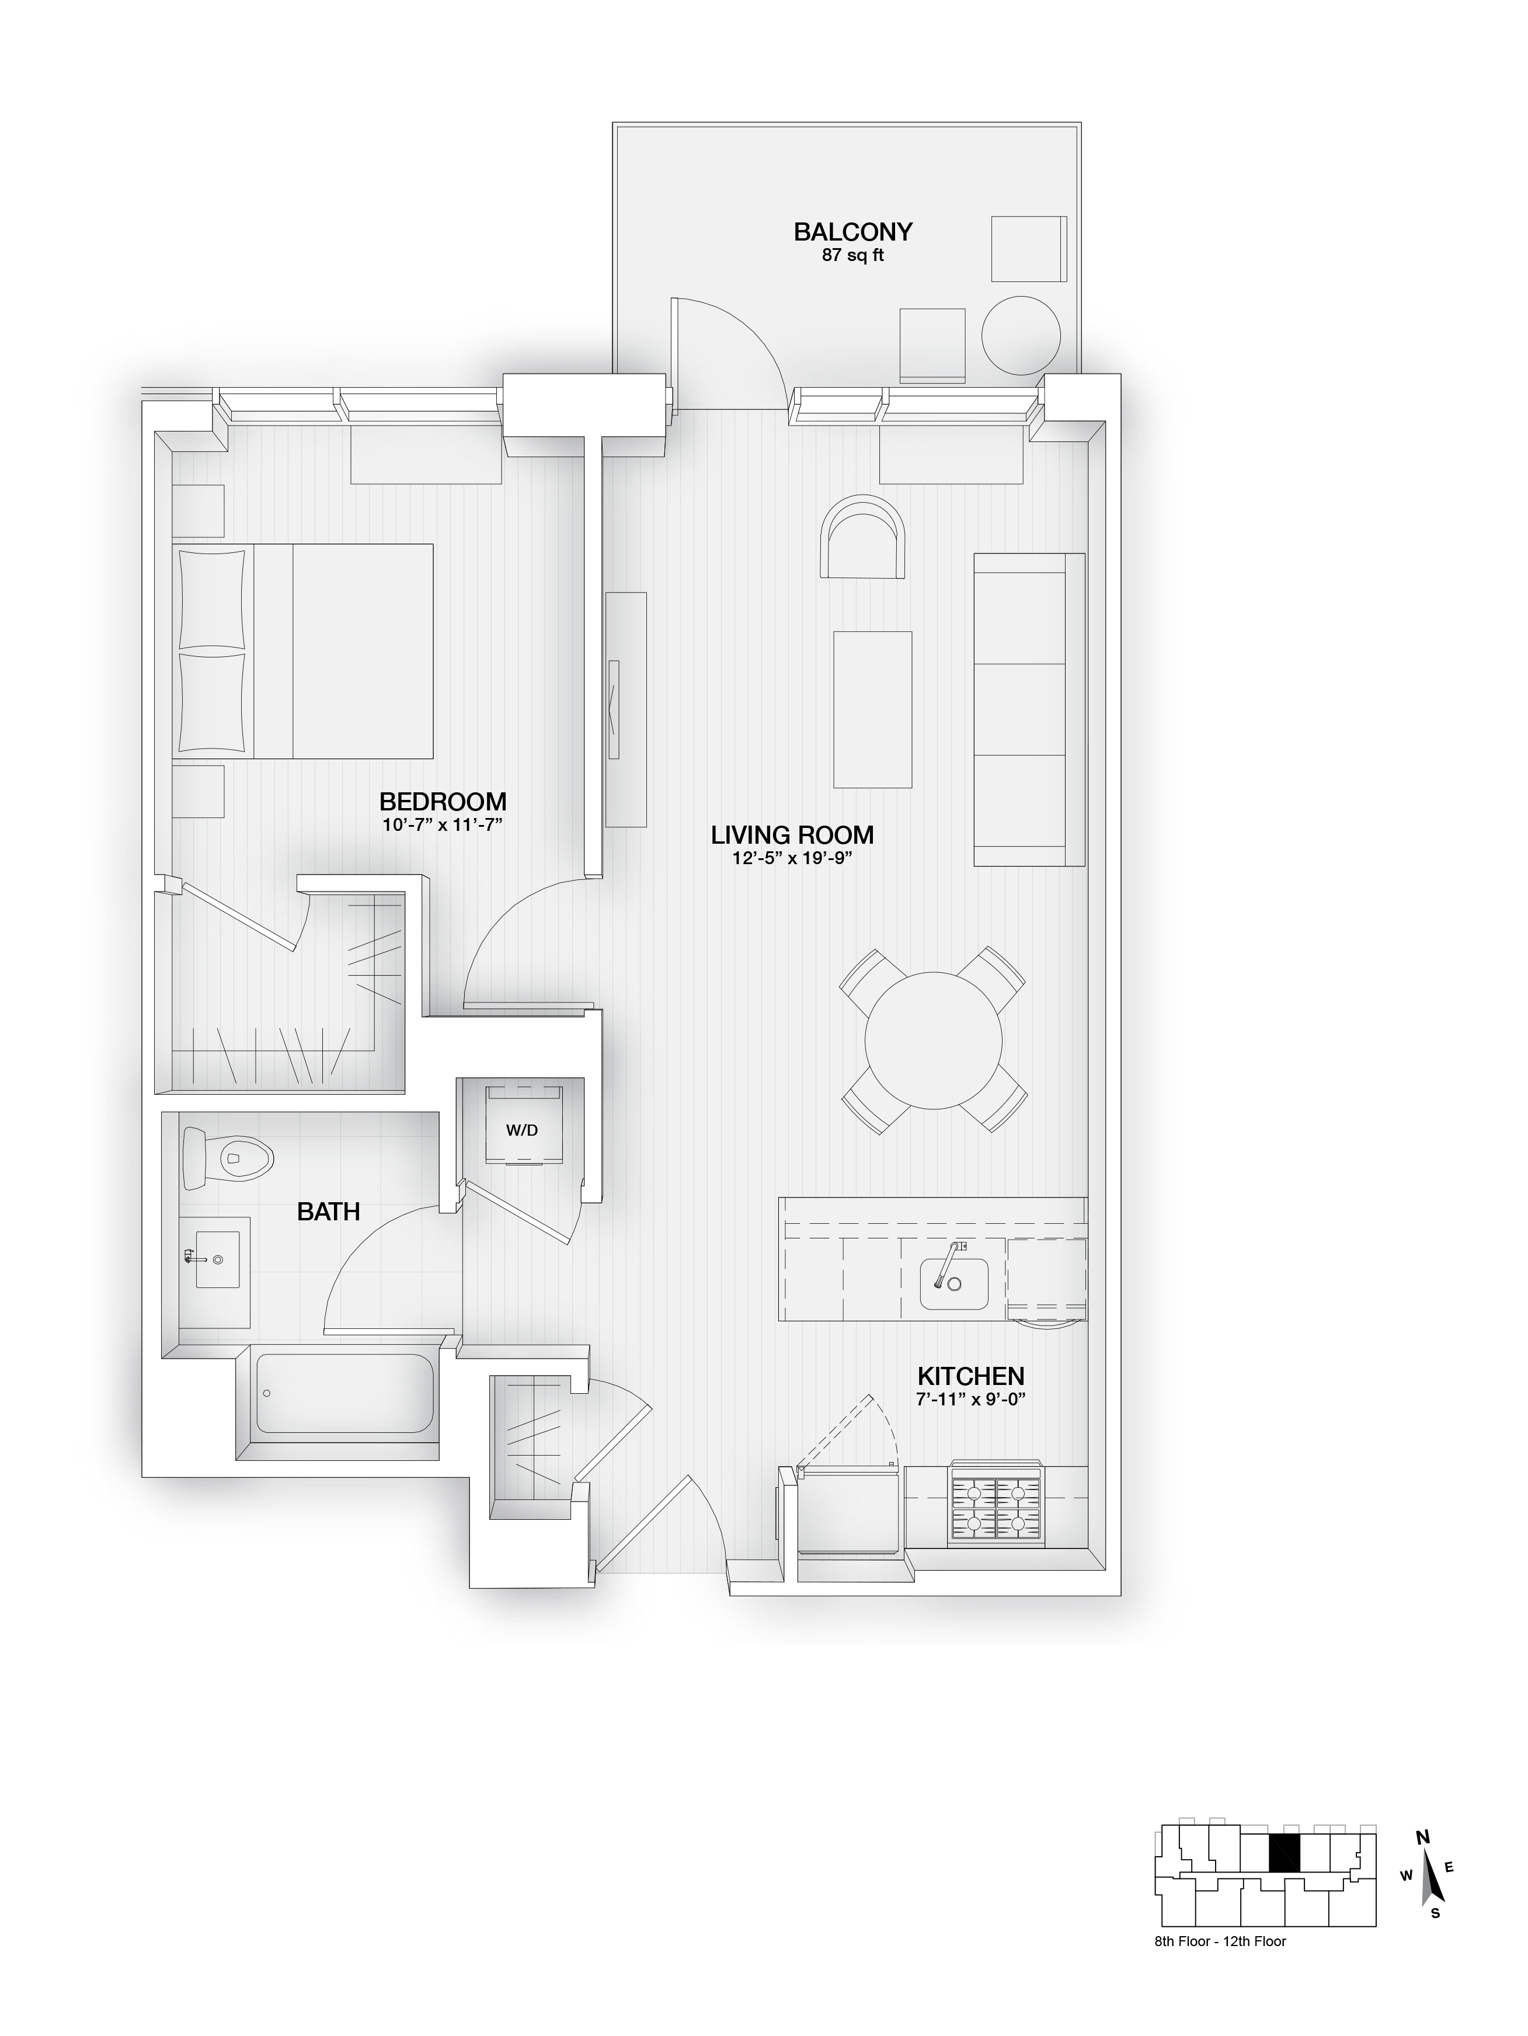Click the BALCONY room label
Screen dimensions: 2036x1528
coord(852,232)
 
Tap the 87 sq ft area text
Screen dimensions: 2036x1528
coord(852,256)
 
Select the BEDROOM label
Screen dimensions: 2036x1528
coord(442,802)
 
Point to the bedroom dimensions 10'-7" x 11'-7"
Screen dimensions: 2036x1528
coord(442,824)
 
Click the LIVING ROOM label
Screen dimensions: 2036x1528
coord(792,836)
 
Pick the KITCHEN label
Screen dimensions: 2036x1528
coord(970,1376)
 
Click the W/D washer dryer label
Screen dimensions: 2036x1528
coord(521,1130)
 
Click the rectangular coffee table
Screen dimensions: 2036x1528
coord(872,709)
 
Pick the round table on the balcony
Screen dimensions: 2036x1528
coord(1021,334)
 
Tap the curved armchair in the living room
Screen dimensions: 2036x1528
coord(862,538)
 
